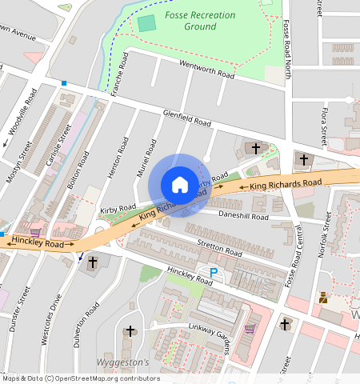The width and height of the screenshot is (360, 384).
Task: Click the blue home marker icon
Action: [x=180, y=185]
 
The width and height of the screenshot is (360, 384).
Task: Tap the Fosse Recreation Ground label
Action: [x=202, y=21]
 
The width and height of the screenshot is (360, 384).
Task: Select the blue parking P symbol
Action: [x=214, y=273]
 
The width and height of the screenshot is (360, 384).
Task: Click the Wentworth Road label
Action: [x=206, y=69]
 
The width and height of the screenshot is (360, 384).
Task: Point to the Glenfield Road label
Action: [x=186, y=118]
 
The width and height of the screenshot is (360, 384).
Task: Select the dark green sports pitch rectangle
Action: [x=146, y=22]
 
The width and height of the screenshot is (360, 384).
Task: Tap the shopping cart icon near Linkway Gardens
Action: [x=250, y=328]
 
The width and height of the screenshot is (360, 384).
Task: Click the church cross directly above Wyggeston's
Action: [x=130, y=330]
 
